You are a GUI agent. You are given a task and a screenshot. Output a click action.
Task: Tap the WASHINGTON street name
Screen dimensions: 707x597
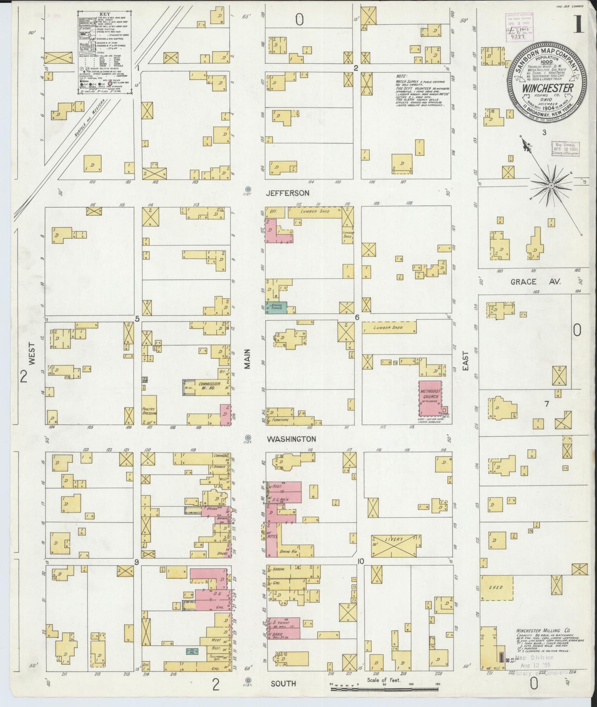(291, 439)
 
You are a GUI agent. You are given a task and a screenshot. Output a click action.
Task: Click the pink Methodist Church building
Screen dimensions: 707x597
(430, 398)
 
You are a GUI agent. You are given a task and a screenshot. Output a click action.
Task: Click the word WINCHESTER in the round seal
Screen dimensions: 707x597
(547, 88)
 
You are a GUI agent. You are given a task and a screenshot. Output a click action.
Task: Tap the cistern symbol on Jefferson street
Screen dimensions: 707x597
(248, 189)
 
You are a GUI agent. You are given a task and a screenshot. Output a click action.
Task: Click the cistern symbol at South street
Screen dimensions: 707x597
(248, 681)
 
